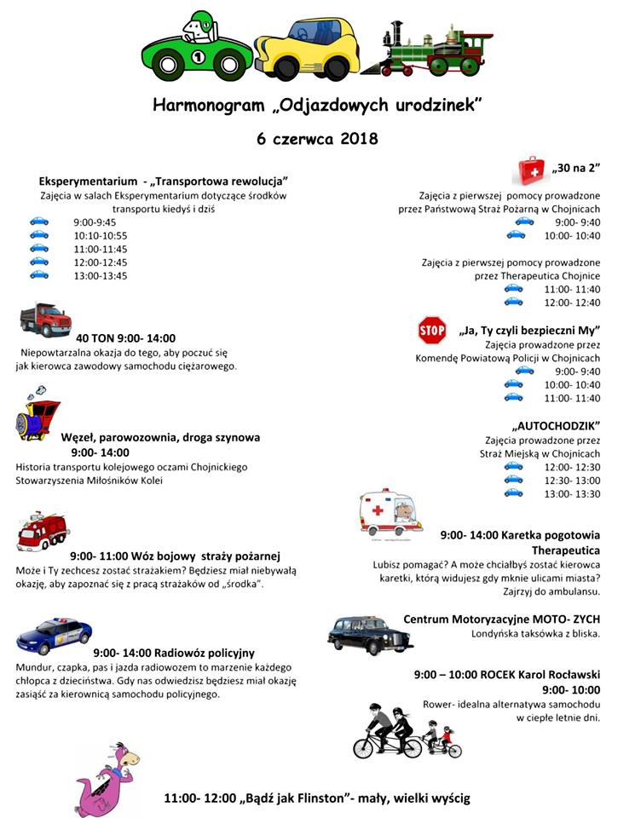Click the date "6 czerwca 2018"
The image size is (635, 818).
(x=317, y=138)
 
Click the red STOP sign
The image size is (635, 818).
(x=432, y=329)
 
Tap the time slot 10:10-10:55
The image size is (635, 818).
(x=101, y=235)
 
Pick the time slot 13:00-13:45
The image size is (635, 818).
(x=101, y=275)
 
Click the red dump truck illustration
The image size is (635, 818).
(x=46, y=320)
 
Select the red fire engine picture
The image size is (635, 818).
(x=43, y=532)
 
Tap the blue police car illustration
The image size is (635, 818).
(x=54, y=636)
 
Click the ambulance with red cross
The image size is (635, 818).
(x=390, y=512)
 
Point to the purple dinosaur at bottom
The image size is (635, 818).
(x=107, y=778)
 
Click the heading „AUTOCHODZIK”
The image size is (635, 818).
(x=557, y=424)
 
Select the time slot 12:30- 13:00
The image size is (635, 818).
(x=571, y=481)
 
